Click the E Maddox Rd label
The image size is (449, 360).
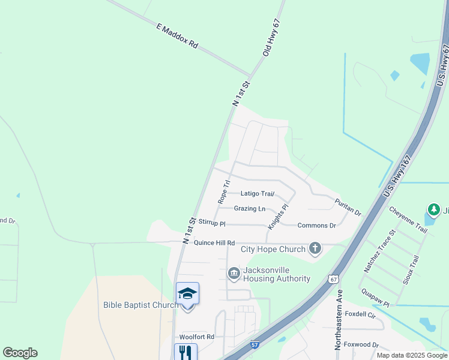click(176, 36)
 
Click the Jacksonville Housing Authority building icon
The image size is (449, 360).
click(234, 274)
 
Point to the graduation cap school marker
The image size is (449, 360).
click(187, 293)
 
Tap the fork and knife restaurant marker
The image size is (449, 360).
click(186, 352)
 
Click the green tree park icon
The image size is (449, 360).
click(433, 210)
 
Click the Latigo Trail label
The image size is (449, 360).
click(258, 194)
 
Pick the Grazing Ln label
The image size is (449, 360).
click(250, 209)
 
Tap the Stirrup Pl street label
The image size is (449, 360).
click(212, 224)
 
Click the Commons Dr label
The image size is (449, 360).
click(316, 226)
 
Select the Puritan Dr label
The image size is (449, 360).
click(348, 208)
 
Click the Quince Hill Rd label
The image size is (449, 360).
click(214, 243)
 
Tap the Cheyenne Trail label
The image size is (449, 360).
click(408, 220)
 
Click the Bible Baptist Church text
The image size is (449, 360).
click(141, 305)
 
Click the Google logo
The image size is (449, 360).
click(20, 353)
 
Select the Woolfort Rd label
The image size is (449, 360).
click(197, 337)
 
